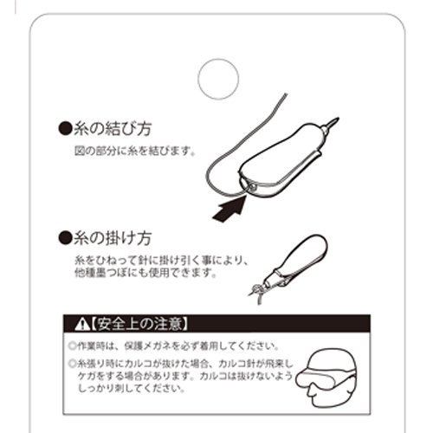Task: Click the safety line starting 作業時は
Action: click(x=173, y=345)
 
